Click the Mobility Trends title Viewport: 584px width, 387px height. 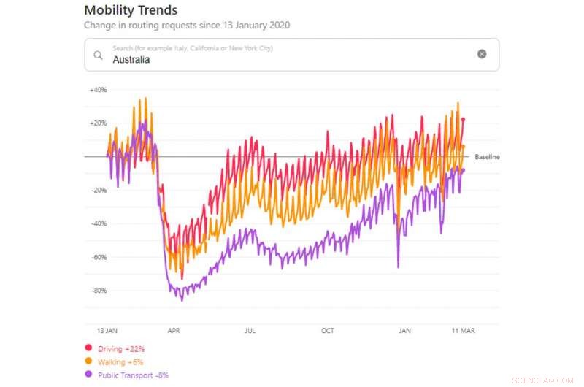[131, 10]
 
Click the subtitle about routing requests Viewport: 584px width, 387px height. [187, 25]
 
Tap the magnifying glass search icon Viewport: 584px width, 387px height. [98, 55]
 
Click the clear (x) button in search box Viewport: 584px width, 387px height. [482, 54]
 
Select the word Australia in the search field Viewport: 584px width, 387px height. [131, 60]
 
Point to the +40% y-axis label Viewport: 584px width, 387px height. [98, 90]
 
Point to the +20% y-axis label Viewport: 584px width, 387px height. [98, 123]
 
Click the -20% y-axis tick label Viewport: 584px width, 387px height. [98, 190]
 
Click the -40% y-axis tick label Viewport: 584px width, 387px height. [98, 223]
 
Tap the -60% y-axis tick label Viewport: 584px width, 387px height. [98, 257]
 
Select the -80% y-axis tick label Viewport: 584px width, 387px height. [98, 291]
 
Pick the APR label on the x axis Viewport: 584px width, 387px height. [174, 331]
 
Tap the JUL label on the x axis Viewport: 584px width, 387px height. [250, 331]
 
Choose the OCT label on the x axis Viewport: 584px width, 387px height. [328, 331]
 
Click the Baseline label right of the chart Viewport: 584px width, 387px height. [487, 157]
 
